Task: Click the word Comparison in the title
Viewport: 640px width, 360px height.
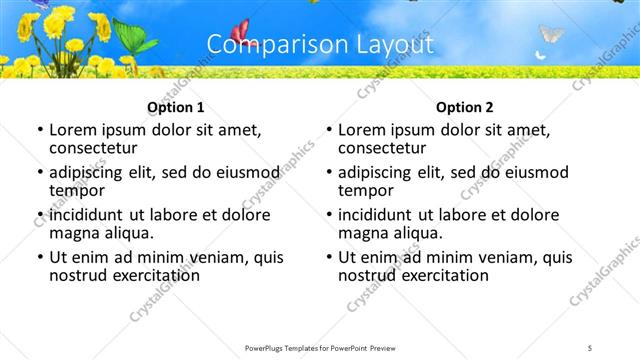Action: point(264,45)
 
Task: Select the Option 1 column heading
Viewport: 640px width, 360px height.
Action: point(175,107)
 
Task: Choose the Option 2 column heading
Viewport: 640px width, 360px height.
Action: point(464,107)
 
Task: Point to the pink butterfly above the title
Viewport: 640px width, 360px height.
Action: point(240,32)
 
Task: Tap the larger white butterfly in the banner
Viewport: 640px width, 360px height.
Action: point(551,35)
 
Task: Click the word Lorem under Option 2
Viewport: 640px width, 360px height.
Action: point(363,130)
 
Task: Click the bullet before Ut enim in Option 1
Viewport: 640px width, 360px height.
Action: point(39,258)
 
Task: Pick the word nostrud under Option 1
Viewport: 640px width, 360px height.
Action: point(78,275)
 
